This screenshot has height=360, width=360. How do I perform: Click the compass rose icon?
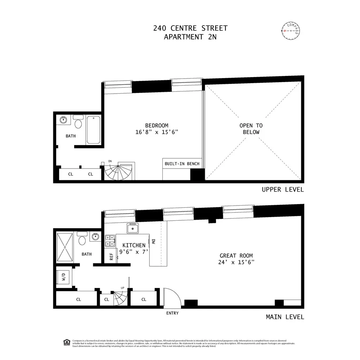tap(291, 31)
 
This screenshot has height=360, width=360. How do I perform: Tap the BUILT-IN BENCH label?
tap(182, 164)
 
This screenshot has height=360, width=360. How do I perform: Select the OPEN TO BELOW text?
tap(251, 129)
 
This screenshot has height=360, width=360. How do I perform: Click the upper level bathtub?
tap(93, 130)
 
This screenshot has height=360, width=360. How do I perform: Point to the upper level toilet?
tap(78, 123)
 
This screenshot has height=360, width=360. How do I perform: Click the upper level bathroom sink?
tap(64, 120)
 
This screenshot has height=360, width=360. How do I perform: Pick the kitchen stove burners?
tap(110, 240)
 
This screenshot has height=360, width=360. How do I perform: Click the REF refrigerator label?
tap(112, 256)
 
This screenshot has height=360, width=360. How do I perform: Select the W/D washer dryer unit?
tap(64, 277)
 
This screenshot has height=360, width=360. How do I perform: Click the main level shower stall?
tap(65, 247)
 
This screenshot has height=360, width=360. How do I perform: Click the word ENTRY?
tap(172, 313)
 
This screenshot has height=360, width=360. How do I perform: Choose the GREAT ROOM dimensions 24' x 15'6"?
tap(237, 262)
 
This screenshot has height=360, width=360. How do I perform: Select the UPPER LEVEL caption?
tap(283, 190)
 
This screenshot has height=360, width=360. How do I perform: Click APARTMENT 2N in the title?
tap(190, 37)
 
